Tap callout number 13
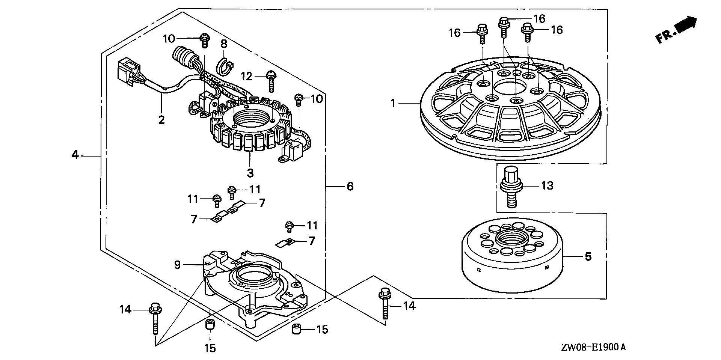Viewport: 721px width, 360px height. click(x=547, y=185)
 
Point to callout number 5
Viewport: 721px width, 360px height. click(x=588, y=257)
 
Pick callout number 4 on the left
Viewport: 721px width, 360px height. click(x=75, y=154)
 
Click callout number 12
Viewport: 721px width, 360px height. click(x=246, y=77)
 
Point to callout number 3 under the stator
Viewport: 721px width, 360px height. click(x=250, y=173)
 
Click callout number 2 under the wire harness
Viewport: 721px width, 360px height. click(x=161, y=120)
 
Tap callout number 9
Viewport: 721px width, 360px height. click(x=177, y=265)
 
